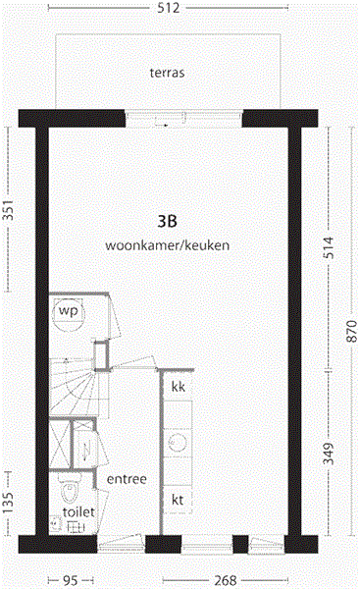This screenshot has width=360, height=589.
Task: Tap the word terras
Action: (168, 73)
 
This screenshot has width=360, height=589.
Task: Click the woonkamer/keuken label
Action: (168, 245)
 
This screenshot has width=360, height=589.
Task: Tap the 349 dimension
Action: (329, 454)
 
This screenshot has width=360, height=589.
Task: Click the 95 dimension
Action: (70, 580)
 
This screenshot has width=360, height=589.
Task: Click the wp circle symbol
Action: (68, 311)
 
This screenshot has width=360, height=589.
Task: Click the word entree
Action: (127, 479)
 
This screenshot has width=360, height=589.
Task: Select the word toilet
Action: (77, 512)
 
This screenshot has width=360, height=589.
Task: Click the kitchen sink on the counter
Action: (177, 443)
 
